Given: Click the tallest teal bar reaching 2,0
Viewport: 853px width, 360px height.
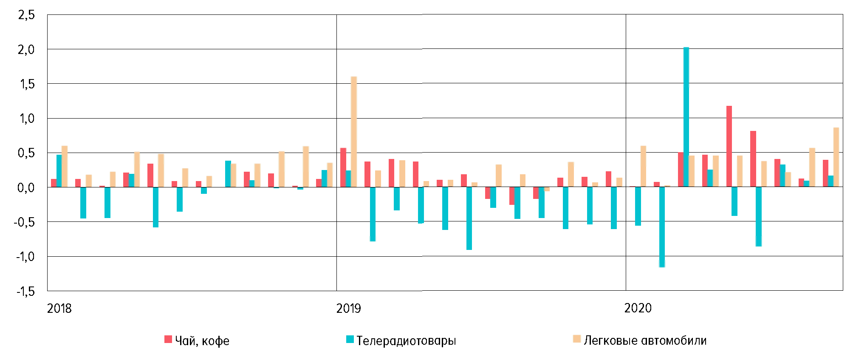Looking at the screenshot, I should (686, 117).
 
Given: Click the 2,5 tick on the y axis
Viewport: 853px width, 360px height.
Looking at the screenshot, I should (26, 15).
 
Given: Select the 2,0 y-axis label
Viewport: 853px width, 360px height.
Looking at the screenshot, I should (26, 50).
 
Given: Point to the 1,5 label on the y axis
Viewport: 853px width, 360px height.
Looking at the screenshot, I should (26, 84).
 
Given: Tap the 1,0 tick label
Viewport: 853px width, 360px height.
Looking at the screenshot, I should (26, 119).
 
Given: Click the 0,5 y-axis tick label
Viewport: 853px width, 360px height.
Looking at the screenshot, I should (26, 153).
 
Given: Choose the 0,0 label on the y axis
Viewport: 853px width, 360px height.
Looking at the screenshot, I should (26, 187).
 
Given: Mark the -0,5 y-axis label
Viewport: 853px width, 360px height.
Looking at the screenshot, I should (24, 222).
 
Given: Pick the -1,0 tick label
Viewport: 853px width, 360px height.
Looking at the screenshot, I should (24, 257).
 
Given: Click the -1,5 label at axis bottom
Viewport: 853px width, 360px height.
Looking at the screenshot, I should (24, 292).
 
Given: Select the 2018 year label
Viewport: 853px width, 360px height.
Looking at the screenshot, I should (59, 309).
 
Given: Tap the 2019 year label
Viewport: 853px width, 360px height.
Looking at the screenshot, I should (348, 309).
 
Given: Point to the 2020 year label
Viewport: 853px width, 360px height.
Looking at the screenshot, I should (638, 308).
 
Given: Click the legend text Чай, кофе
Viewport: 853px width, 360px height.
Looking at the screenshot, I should (202, 341).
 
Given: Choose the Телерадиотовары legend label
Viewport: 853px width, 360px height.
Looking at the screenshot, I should (406, 341).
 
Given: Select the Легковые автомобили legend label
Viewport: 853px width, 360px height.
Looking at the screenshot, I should (645, 340).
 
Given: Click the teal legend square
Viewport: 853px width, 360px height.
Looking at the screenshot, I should (350, 340).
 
